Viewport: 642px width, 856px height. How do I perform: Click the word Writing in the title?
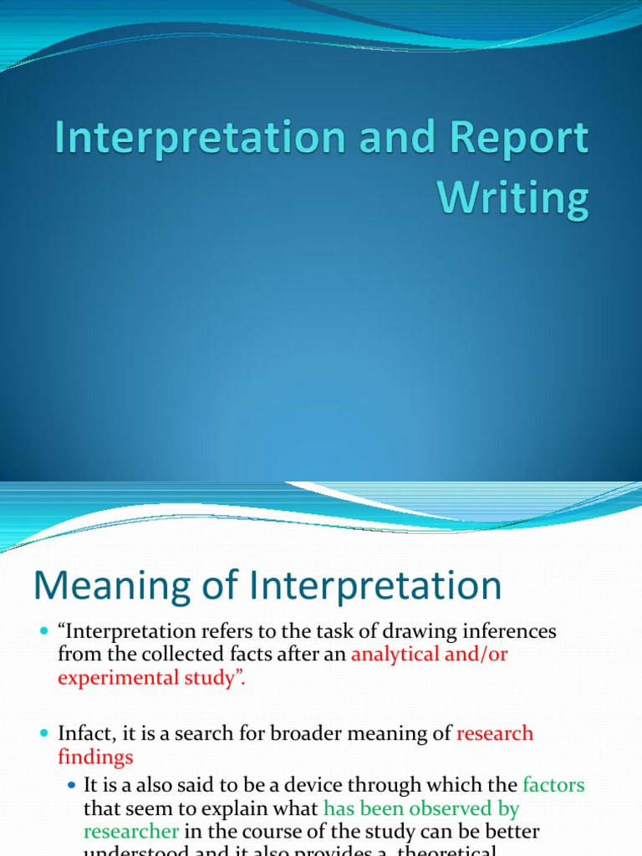pos(513,198)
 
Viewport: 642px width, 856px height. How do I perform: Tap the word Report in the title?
pos(517,140)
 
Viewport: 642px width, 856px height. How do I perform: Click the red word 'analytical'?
pos(395,655)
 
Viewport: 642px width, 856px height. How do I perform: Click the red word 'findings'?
pos(94,757)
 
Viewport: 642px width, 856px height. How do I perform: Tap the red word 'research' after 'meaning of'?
pos(495,734)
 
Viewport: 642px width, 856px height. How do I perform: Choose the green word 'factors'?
pos(553,786)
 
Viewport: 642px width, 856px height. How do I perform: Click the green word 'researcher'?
pos(130,832)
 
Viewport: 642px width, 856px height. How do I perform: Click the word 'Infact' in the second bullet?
pos(83,734)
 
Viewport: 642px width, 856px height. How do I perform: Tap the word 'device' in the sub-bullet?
pos(326,786)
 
